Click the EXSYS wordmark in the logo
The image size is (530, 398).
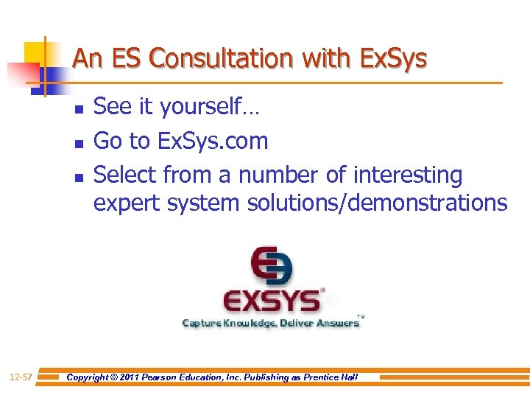point(272,301)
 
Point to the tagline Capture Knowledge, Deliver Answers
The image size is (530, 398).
point(271,323)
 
